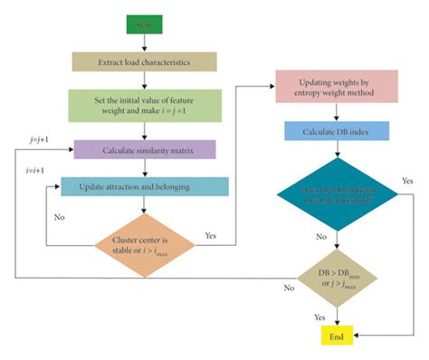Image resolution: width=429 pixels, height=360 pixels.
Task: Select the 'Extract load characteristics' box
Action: [145, 62]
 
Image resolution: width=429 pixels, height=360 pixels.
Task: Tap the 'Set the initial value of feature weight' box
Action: [145, 103]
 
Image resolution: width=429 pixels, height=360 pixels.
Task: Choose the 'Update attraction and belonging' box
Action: [145, 186]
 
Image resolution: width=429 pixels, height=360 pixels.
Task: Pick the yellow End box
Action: [338, 334]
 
